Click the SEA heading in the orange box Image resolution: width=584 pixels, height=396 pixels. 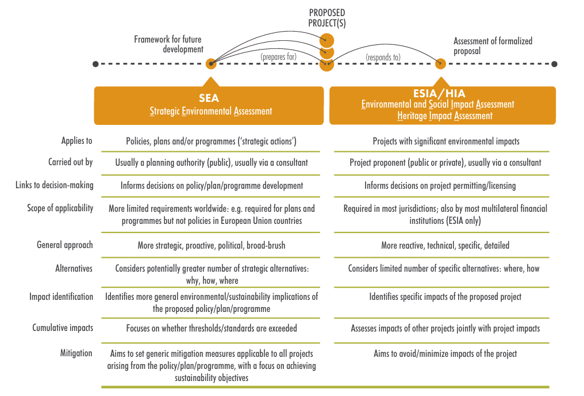209,98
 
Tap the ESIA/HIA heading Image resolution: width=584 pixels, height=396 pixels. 439,93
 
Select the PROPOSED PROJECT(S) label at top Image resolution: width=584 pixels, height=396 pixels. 327,18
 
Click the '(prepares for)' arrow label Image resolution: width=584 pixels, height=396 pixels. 279,57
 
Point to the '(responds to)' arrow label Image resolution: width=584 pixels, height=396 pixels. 383,57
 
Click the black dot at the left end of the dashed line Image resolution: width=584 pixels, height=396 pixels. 95,64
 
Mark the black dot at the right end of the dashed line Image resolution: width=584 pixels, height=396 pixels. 554,64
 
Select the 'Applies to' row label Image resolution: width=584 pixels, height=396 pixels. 76,141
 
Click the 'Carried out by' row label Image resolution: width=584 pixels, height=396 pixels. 70,162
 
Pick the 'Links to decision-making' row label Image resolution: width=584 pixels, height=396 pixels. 55,185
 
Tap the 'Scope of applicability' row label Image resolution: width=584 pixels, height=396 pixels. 60,208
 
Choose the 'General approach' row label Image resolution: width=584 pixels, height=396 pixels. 64,245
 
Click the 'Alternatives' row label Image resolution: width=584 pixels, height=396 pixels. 74,268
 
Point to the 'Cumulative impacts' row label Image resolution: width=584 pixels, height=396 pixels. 63,328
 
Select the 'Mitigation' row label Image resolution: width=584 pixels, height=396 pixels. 76,353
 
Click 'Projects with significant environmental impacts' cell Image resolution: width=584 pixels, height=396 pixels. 445,141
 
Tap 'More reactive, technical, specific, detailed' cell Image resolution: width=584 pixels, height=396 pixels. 445,245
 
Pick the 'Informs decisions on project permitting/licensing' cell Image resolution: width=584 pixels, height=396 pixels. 440,185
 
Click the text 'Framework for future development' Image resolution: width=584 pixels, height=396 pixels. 168,44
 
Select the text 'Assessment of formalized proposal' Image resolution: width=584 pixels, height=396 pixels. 493,45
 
